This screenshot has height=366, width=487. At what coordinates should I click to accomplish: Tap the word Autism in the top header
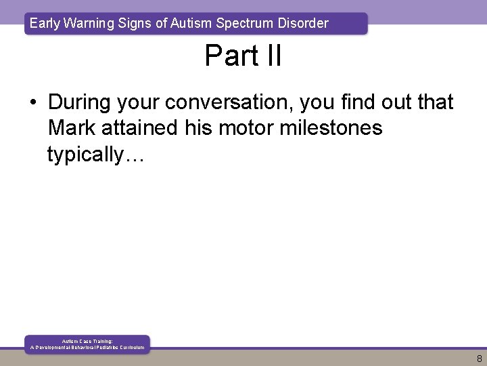click(190, 24)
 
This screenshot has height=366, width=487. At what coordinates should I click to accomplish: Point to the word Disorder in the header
click(302, 24)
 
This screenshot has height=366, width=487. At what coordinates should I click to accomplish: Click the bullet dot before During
click(33, 103)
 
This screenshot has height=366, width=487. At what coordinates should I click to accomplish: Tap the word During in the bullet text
click(80, 102)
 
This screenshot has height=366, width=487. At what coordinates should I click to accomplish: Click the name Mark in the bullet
click(72, 128)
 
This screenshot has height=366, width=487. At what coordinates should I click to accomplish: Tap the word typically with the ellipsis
click(95, 155)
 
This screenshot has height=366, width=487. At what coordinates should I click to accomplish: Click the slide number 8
click(478, 358)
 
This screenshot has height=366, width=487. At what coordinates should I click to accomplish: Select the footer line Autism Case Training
click(87, 342)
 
